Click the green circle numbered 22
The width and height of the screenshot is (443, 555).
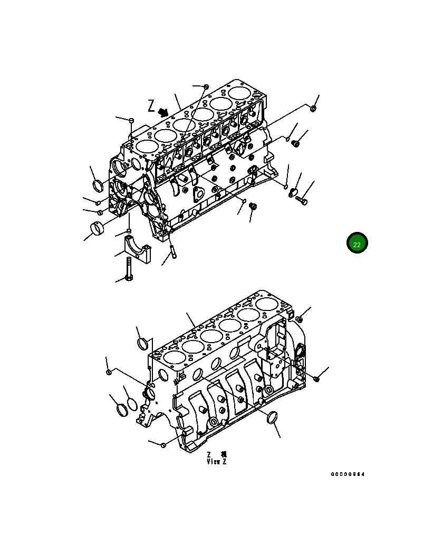(357, 243)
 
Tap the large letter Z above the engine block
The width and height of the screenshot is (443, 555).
(152, 106)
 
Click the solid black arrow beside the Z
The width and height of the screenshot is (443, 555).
(163, 112)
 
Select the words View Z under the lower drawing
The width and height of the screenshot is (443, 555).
(216, 462)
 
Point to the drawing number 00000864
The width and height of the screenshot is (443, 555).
(348, 474)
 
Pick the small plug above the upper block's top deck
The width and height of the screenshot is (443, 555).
(206, 86)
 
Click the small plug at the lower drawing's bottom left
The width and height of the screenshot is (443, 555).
(163, 445)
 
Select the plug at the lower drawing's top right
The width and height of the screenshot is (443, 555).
(299, 319)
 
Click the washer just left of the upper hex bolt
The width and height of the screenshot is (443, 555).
(293, 193)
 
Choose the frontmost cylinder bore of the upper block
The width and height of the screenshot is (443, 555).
(145, 147)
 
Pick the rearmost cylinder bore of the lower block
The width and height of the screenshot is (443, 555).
(268, 305)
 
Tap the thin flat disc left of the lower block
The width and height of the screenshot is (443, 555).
(132, 404)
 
